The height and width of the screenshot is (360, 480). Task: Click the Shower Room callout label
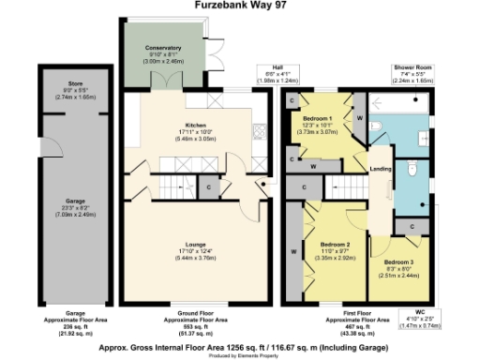click(x=412, y=68)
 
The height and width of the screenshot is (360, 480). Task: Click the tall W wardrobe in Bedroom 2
click(x=293, y=251)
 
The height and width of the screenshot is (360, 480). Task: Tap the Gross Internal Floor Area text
click(x=239, y=345)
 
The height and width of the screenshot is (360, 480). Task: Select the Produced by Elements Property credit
click(x=239, y=354)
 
